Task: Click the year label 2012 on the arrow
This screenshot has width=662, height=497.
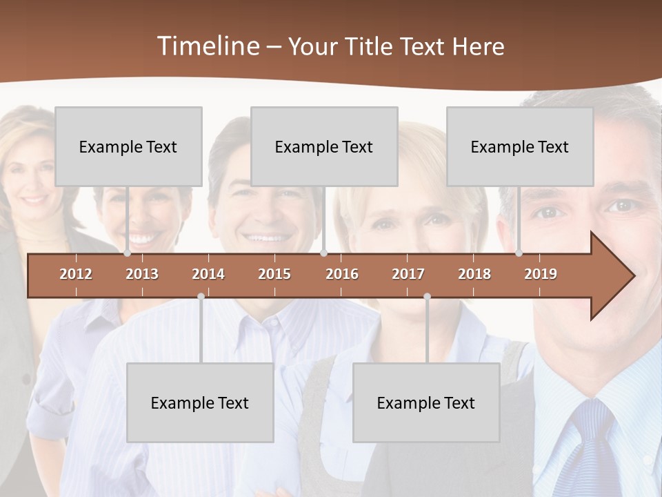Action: (x=76, y=274)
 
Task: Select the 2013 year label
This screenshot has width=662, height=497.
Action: (x=142, y=274)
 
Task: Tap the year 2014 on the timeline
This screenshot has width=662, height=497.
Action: (x=208, y=274)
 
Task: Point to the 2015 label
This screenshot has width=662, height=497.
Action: (x=274, y=274)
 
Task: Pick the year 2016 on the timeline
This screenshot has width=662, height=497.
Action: (x=342, y=274)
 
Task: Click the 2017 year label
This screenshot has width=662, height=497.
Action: (x=408, y=274)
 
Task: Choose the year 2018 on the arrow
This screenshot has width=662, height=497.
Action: (x=474, y=274)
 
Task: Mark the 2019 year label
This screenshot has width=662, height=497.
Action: (x=541, y=274)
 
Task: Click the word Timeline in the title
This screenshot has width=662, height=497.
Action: (x=208, y=46)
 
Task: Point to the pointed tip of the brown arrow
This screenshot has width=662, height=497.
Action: (x=632, y=276)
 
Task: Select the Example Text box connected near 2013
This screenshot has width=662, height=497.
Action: (x=128, y=146)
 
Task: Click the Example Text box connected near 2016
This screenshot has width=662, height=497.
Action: (x=324, y=146)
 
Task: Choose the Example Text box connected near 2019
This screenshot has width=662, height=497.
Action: (x=520, y=146)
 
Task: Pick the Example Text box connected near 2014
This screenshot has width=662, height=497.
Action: (x=200, y=402)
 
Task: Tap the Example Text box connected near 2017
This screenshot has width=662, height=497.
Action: (x=426, y=402)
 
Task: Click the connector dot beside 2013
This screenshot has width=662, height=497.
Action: (x=128, y=253)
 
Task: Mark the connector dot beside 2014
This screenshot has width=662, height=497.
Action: (x=201, y=296)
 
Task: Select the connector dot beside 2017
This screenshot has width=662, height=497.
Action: (x=427, y=296)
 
